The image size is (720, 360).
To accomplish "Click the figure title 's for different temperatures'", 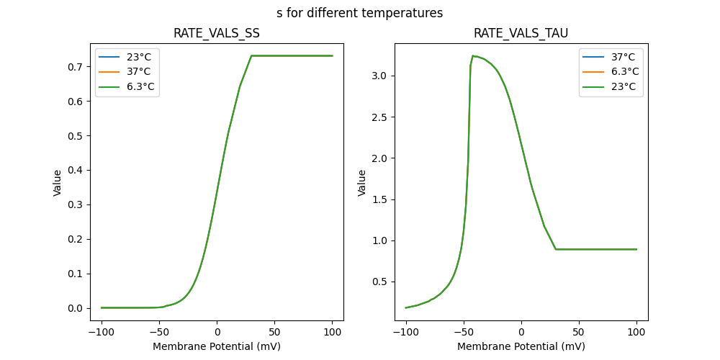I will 359,13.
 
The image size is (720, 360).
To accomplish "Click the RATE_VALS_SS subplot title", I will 217,34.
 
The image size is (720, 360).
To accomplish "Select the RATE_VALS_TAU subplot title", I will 521,34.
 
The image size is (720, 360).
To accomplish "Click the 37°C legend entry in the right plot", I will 624,57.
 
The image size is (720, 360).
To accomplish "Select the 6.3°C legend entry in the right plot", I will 624,72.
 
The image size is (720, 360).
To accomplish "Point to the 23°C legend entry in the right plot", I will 624,87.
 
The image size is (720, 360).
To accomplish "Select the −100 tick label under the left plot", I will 102,333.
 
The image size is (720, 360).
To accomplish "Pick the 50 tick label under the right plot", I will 579,333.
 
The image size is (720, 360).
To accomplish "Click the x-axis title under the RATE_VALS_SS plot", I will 217,346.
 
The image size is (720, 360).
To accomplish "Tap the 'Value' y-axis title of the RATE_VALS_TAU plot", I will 362,182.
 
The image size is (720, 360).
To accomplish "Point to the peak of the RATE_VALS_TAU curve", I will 473,55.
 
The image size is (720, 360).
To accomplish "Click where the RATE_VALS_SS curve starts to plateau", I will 251,55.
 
